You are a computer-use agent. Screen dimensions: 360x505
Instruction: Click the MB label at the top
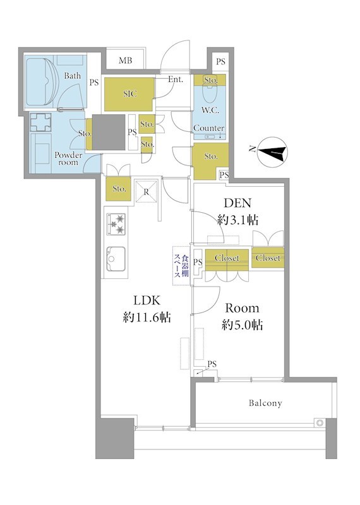tap(125, 61)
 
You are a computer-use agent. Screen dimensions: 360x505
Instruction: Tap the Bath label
tap(73, 76)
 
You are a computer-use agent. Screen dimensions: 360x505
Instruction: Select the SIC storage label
tap(130, 93)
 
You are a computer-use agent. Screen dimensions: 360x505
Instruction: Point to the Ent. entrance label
tap(176, 79)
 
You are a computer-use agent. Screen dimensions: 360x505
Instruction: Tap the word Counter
tap(209, 128)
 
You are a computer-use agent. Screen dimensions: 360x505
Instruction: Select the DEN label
tap(237, 203)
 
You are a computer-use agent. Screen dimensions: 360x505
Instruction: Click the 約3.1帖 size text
tap(237, 220)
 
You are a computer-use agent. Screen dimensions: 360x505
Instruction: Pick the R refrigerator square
tap(147, 192)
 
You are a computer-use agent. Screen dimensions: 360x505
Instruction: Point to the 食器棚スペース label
tap(181, 266)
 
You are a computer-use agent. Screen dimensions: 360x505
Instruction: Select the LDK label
tap(147, 300)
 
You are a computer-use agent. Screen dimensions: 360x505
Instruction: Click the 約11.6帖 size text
tap(147, 318)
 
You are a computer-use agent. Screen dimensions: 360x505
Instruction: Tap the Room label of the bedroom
tap(242, 308)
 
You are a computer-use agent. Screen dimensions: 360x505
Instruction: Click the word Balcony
tap(265, 403)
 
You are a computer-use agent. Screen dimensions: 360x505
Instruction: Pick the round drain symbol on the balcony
tap(320, 422)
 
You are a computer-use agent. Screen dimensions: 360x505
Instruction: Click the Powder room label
tap(68, 158)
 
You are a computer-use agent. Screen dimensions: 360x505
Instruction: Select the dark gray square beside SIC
tap(109, 132)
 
